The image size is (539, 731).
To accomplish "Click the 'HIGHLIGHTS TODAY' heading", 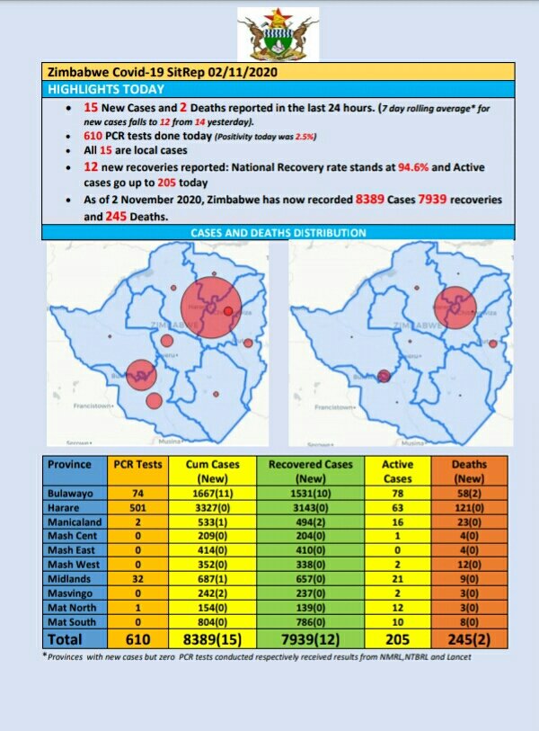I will [x=106, y=89].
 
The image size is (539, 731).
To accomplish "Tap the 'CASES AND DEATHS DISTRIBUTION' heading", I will [x=278, y=233].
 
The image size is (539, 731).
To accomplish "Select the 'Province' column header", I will [x=70, y=464].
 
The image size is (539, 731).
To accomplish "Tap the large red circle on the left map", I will [x=211, y=308].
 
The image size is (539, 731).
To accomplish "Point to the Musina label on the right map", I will [x=413, y=443].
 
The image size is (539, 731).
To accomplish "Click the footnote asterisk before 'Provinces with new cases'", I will [x=45, y=655].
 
